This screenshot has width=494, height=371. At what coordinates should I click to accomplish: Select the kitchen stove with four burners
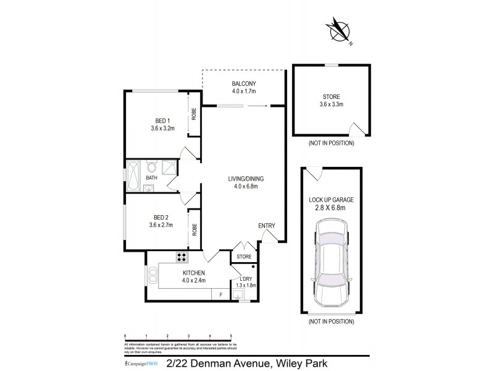click(183, 257)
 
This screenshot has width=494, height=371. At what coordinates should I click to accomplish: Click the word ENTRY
click(267, 226)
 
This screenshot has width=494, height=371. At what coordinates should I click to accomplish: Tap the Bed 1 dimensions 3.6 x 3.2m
click(163, 129)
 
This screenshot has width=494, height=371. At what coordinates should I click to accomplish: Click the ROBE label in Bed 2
click(194, 229)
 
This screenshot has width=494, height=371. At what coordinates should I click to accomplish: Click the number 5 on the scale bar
click(231, 335)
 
